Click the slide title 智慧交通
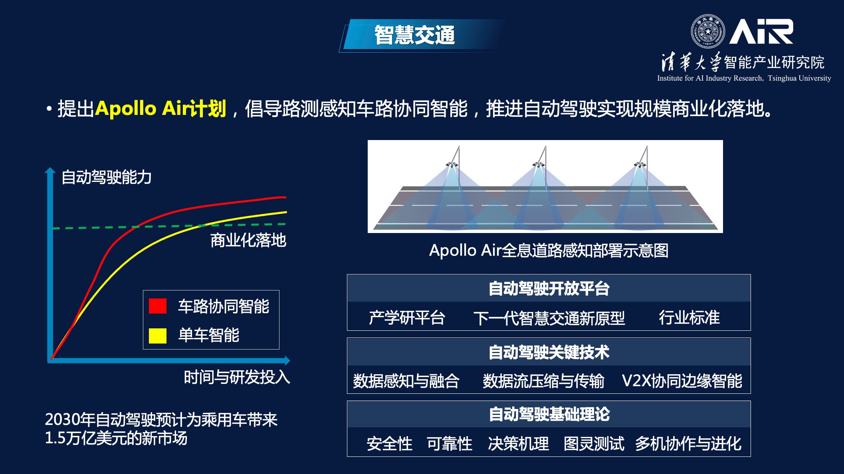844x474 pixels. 414,35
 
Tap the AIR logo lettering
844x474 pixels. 761,32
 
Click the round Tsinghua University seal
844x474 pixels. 708,31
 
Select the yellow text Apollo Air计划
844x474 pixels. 160,109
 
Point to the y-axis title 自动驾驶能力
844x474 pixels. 106,177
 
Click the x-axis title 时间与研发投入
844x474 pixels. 236,377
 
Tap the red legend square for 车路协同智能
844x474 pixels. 158,306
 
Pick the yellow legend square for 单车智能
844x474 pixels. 158,336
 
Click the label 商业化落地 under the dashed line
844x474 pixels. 248,240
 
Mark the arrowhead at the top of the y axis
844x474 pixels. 50,171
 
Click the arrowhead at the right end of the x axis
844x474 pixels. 287,361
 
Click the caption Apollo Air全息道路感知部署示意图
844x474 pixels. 549,251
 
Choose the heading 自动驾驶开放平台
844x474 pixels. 549,288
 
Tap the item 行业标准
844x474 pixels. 689,318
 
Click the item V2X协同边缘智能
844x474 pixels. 682,381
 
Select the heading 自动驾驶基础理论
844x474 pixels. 549,414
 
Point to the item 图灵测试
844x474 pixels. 594,444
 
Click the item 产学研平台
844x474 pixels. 406,318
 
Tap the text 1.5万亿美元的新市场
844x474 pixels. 116,438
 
